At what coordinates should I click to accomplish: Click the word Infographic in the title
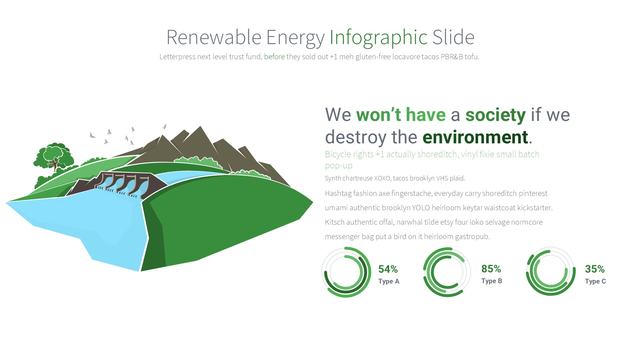379,38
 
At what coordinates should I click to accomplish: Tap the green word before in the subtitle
274,57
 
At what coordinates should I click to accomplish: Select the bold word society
495,115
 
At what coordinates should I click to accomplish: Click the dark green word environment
475,137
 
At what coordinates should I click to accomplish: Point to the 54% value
388,269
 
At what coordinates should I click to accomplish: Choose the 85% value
491,269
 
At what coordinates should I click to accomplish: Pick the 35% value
595,269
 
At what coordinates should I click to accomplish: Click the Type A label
389,281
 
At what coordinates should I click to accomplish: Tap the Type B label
492,281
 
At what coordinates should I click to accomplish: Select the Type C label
596,281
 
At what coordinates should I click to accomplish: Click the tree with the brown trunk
54,156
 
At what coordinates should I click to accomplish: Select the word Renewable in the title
214,38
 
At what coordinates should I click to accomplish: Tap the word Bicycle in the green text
338,155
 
